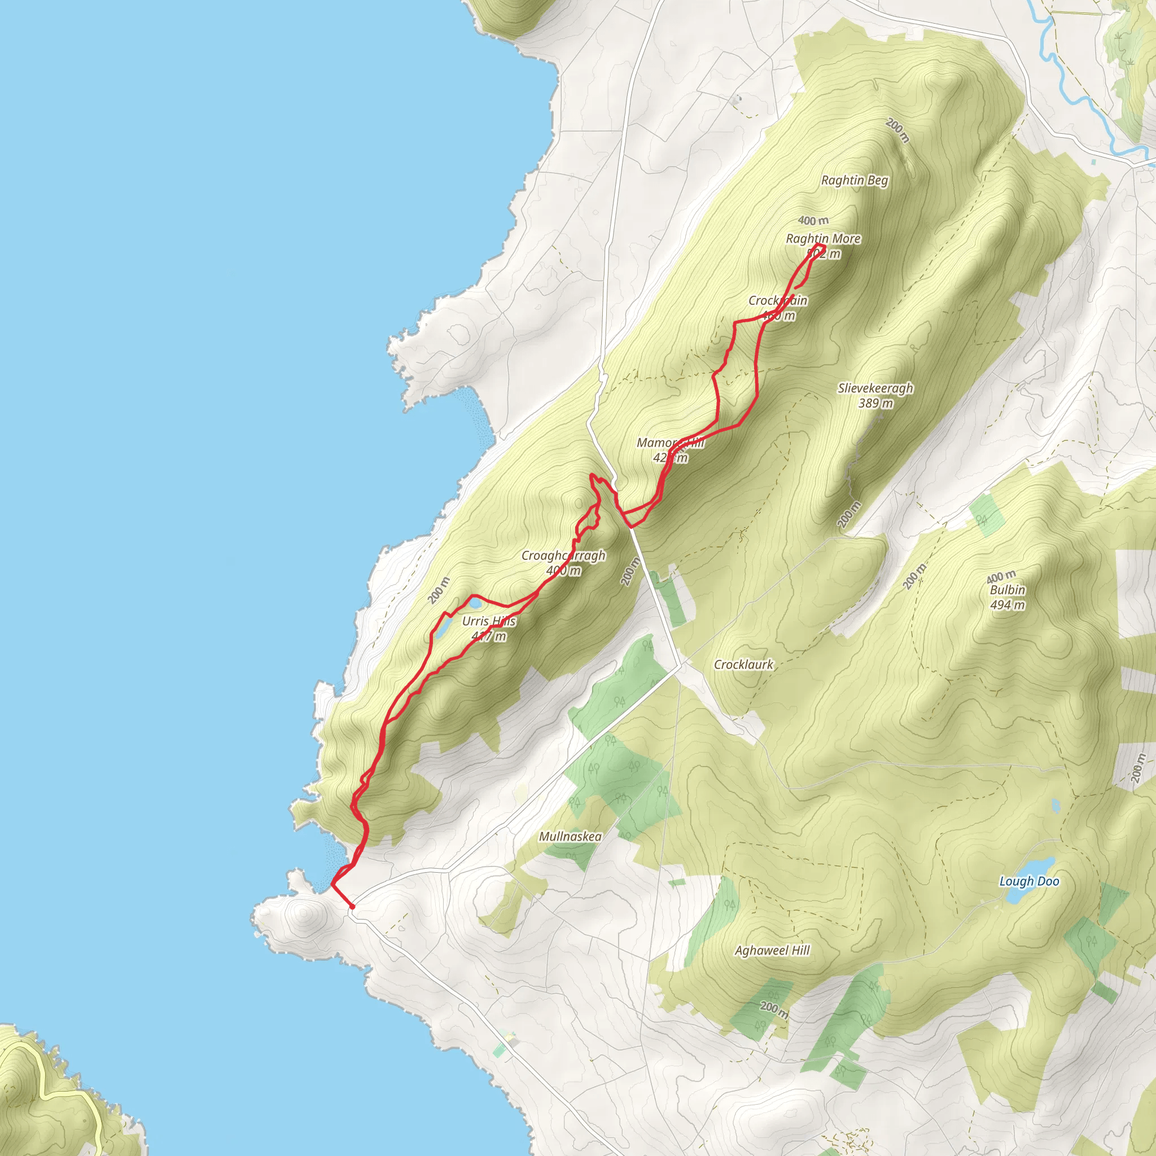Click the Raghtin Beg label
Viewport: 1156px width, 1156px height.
855,180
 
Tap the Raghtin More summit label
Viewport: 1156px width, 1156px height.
823,239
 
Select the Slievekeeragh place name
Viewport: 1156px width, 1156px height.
875,388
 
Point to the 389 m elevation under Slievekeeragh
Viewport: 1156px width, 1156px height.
875,403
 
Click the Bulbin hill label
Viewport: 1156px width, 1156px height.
1008,590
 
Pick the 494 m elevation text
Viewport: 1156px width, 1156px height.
1008,605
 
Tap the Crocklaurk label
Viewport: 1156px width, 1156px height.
743,665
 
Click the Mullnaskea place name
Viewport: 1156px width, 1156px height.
570,837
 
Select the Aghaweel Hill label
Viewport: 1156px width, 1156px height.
772,950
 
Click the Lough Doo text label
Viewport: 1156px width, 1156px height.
1029,881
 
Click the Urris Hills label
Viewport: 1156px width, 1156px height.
489,621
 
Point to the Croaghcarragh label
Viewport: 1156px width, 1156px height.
563,555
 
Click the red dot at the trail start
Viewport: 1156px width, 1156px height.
352,907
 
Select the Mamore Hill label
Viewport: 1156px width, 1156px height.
670,443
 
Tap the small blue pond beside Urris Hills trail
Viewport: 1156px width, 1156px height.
443,628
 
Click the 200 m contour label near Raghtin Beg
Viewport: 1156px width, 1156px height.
897,130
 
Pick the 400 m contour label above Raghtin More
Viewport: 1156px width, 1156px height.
813,220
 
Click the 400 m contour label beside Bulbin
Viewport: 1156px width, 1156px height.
1000,577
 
